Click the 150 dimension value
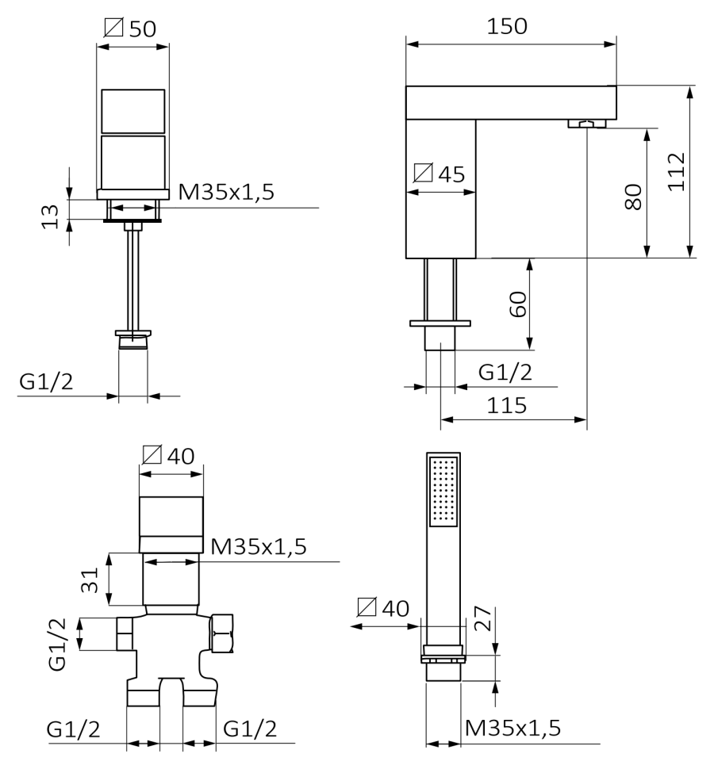point(506,26)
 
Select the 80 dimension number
point(633,197)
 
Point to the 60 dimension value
point(518,304)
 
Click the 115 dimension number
point(506,406)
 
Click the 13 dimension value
point(49,216)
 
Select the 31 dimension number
point(90,580)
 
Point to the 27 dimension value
point(482,618)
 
